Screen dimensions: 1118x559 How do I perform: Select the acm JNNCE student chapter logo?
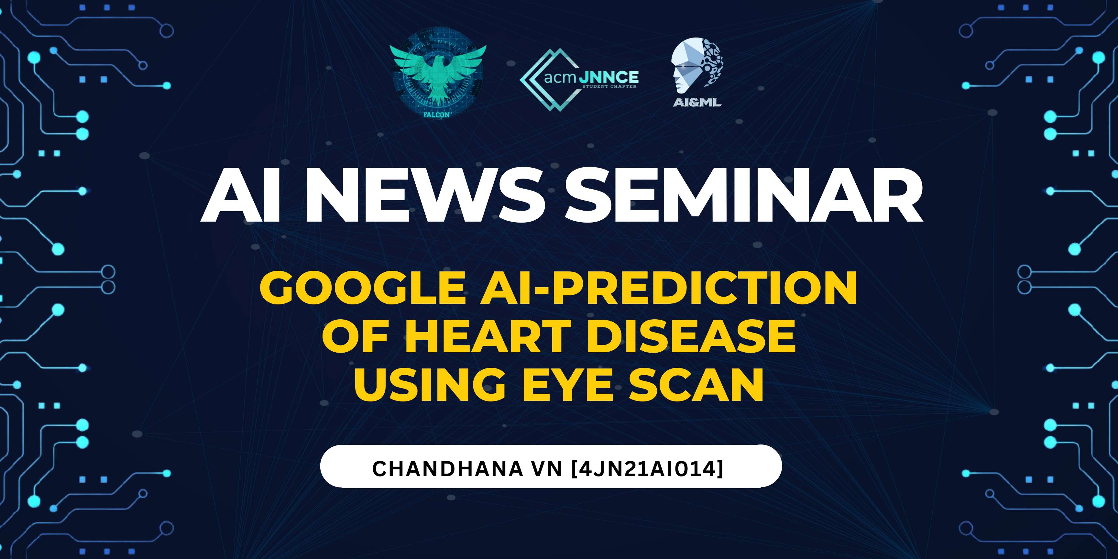coord(579,80)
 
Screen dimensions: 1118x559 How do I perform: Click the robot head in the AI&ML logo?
coord(697,65)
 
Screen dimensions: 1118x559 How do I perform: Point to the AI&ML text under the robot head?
coord(697,103)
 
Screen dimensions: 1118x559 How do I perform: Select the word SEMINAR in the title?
coord(743,196)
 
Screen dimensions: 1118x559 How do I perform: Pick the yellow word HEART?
coord(488,336)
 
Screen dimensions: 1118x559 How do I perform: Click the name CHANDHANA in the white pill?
coord(447,469)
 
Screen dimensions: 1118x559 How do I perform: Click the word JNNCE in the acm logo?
coord(608,77)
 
